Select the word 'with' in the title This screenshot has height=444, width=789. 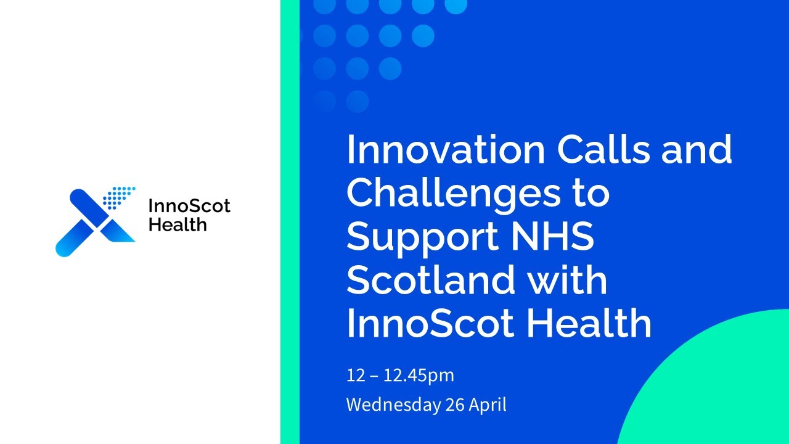pos(567,280)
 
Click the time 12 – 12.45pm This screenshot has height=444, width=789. pos(400,375)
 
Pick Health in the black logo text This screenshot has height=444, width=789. pos(178,224)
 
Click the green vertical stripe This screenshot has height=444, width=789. pos(290,222)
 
